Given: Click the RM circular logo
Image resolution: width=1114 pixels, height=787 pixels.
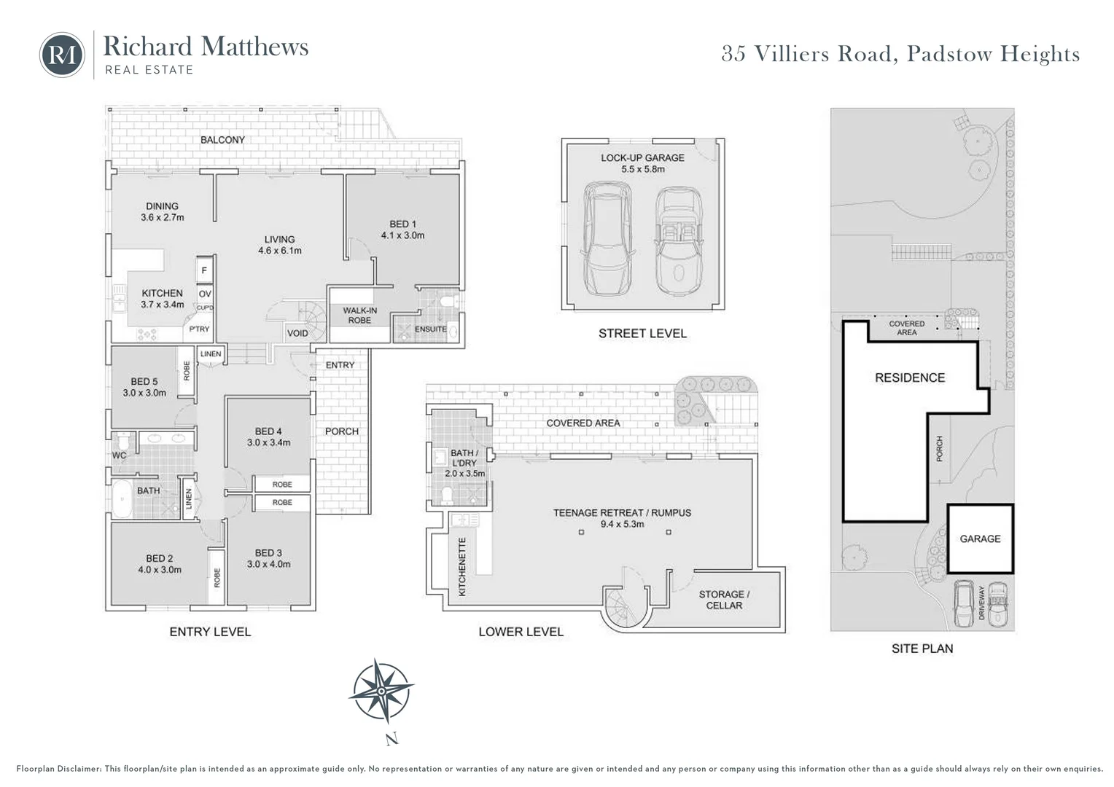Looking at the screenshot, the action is point(62,55).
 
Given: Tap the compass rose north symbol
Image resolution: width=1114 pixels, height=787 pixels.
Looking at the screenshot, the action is point(381,691).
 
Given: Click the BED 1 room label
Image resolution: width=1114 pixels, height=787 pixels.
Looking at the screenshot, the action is point(403,230).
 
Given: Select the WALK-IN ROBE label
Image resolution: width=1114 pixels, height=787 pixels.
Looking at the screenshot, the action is point(359,316).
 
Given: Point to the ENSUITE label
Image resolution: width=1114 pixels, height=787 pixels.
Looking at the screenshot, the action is point(431,329).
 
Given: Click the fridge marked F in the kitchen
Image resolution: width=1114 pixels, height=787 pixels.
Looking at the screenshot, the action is point(204,271).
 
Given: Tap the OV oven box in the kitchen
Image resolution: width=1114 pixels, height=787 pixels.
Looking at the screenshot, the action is point(205,294).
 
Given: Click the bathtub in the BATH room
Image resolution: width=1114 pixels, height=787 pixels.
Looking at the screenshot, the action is point(122,498).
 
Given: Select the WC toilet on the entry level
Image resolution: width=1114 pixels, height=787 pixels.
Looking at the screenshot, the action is point(122,440).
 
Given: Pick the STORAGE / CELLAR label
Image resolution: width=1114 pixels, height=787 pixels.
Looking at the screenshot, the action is point(724,600).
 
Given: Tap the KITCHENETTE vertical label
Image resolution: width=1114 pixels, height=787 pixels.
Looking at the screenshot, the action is point(462,567).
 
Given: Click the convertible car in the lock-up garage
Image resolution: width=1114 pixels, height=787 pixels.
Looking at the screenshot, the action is point(679,240).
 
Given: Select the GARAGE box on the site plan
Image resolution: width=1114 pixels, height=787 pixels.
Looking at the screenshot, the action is point(981,539).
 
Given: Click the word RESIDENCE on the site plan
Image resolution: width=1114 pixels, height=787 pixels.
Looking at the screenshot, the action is point(910,378).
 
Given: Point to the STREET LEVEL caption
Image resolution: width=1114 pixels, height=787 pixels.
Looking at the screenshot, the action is point(642,333).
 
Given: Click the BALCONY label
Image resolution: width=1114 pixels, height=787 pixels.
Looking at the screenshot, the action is point(223,140).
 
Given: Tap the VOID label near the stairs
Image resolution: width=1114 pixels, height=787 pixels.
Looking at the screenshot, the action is point(297,333).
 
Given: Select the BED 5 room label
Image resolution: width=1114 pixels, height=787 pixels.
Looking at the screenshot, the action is point(144,387).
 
